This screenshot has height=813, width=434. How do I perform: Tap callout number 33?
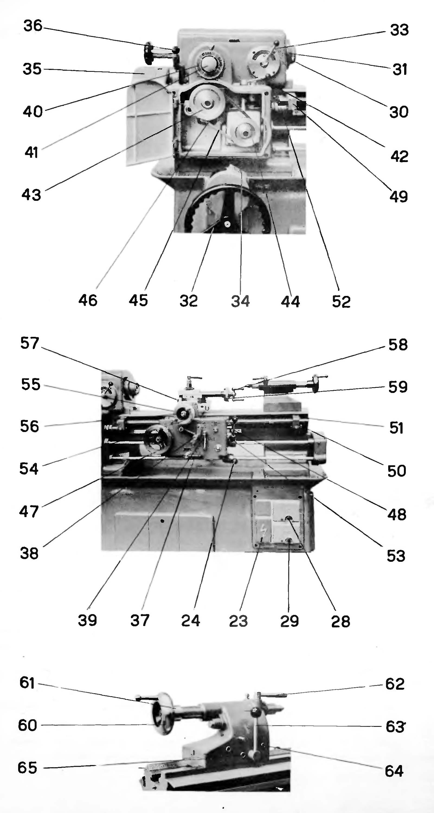(399, 30)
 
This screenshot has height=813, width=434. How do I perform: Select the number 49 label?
(398, 197)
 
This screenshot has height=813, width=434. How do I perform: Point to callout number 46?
(88, 300)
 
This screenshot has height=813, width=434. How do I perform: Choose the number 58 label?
(398, 345)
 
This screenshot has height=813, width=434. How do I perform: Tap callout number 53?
(396, 556)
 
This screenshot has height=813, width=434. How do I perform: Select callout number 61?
(27, 683)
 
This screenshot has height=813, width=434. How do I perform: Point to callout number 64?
(394, 771)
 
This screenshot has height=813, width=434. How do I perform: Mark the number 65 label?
(27, 767)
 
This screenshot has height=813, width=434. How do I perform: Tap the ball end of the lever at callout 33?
(277, 43)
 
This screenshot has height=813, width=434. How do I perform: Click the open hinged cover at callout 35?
(145, 120)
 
